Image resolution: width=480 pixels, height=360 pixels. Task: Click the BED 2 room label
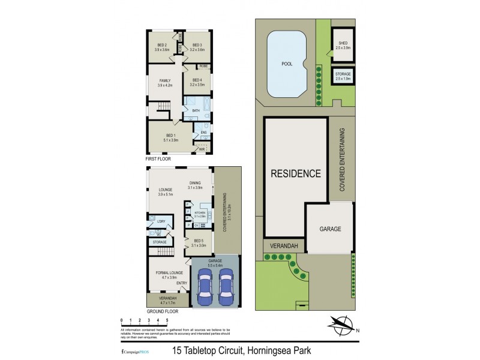point(162,45)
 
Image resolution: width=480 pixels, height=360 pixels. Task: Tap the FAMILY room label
point(165,80)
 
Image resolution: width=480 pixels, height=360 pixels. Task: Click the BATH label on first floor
point(196,111)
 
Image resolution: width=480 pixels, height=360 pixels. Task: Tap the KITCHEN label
point(199,213)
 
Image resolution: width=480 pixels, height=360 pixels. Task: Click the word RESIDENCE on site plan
point(295,175)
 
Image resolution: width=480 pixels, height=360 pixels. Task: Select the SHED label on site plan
point(343,43)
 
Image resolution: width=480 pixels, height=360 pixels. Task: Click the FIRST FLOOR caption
point(159,160)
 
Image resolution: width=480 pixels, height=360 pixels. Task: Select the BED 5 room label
point(198,243)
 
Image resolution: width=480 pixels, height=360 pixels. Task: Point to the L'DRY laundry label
point(161,221)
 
